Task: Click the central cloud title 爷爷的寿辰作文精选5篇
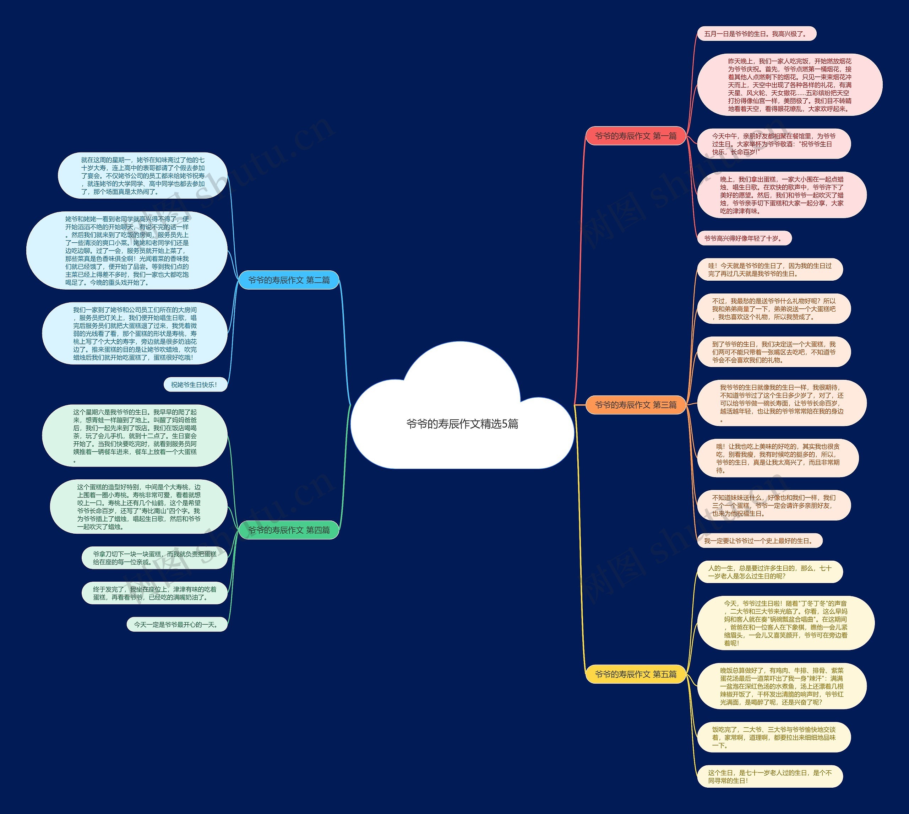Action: pyautogui.click(x=462, y=424)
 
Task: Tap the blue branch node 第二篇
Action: pyautogui.click(x=289, y=280)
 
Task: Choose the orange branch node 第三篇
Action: pyautogui.click(x=636, y=405)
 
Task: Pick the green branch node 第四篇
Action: pyautogui.click(x=289, y=530)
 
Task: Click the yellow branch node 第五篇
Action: pyautogui.click(x=636, y=674)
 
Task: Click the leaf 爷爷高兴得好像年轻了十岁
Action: pyautogui.click(x=744, y=238)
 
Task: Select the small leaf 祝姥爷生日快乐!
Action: pyautogui.click(x=194, y=385)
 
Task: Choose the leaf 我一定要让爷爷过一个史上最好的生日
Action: pyautogui.click(x=759, y=541)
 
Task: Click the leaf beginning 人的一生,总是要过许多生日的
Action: pyautogui.click(x=769, y=572)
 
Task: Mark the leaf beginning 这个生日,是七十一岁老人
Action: pyautogui.click(x=769, y=776)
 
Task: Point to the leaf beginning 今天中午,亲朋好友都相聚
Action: pyautogui.click(x=774, y=144)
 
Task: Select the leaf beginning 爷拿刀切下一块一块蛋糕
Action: pyautogui.click(x=154, y=558)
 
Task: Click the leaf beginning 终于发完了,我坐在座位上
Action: pyautogui.click(x=154, y=593)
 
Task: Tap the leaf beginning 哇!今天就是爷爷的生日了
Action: pyautogui.click(x=769, y=270)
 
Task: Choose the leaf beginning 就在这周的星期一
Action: pyautogui.click(x=142, y=176)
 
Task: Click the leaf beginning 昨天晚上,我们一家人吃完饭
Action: pyautogui.click(x=789, y=85)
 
